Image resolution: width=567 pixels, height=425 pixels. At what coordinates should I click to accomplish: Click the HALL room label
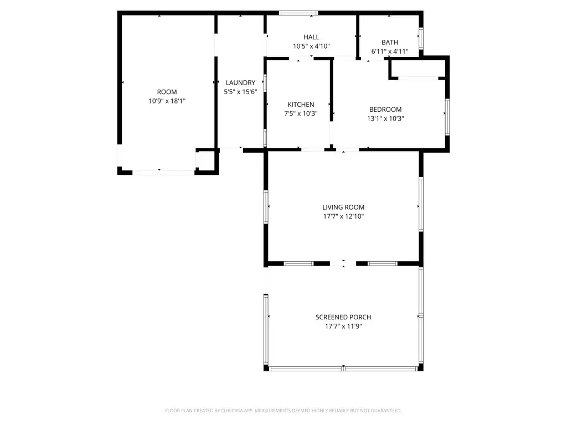click(311, 37)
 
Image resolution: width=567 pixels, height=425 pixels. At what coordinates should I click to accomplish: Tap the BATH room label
click(389, 43)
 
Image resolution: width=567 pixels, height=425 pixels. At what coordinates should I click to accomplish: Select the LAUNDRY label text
click(240, 82)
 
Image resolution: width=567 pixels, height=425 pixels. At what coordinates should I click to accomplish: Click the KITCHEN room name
click(301, 105)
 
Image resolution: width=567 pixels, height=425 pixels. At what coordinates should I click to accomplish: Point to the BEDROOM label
click(385, 110)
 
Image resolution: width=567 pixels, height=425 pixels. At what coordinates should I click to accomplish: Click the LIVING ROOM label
click(343, 208)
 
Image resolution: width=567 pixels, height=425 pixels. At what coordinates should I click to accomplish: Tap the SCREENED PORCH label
click(343, 317)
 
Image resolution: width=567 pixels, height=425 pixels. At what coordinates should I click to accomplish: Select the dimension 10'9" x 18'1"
click(167, 101)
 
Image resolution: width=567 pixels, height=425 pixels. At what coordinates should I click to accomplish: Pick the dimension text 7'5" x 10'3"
click(301, 113)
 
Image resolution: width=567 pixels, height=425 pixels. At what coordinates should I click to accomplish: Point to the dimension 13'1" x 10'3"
click(385, 118)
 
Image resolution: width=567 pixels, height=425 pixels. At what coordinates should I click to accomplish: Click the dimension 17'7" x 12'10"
click(343, 216)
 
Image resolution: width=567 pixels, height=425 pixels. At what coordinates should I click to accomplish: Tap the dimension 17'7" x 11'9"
click(343, 326)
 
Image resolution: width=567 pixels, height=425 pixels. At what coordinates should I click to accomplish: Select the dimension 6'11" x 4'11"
click(389, 51)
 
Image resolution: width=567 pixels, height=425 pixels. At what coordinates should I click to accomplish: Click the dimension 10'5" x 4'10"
click(311, 46)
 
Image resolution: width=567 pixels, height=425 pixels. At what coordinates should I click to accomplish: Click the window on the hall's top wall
click(298, 13)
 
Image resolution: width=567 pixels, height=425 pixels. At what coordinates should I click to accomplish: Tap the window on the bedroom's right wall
click(447, 117)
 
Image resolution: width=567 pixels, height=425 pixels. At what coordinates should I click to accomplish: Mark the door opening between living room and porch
click(343, 264)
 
